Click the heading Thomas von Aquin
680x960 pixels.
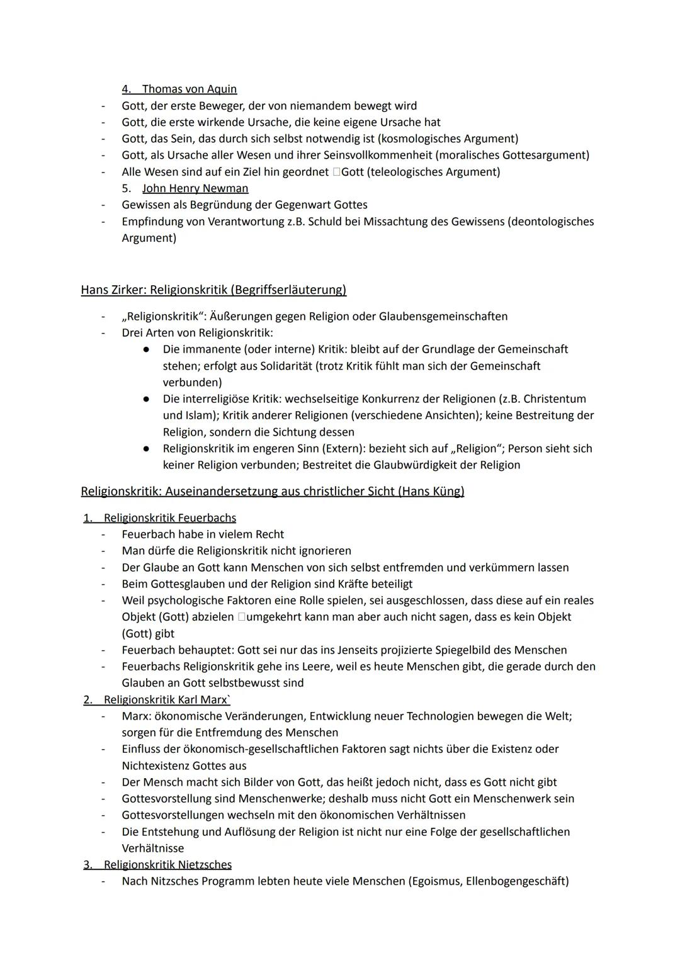tap(189, 89)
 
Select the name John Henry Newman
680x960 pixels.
tap(195, 188)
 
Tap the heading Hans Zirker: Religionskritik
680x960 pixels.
tap(213, 290)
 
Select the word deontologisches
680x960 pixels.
tap(553, 222)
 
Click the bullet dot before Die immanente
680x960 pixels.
tap(145, 349)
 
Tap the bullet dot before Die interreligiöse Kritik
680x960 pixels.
tap(145, 399)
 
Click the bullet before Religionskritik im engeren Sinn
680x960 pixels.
tap(145, 449)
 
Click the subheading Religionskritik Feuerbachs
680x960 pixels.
tap(169, 518)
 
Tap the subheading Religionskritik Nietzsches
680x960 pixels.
tap(167, 865)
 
